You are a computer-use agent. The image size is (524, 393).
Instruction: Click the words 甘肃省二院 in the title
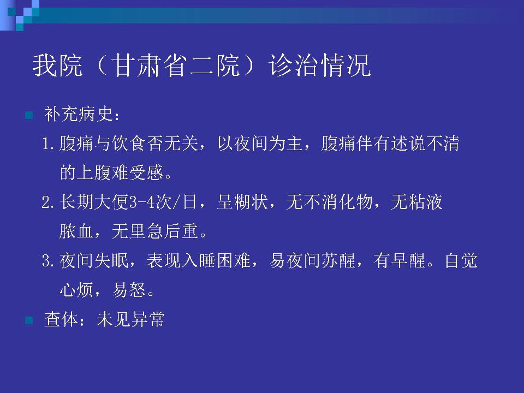click(x=176, y=65)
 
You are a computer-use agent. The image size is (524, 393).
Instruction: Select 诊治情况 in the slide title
click(x=320, y=65)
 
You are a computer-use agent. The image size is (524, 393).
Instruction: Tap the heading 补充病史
click(x=79, y=114)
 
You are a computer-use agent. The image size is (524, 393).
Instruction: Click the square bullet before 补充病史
click(x=29, y=115)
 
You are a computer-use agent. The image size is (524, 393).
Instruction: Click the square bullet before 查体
click(x=29, y=320)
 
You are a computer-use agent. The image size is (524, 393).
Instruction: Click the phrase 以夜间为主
click(x=260, y=144)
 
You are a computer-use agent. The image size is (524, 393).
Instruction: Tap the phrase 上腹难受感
click(x=120, y=172)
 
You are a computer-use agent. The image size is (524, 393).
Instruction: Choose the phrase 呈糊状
click(x=242, y=202)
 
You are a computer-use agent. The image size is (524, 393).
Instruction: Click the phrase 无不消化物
click(x=329, y=202)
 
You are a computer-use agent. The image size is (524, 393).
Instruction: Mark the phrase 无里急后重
click(x=154, y=231)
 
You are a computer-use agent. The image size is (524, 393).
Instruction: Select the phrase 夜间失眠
click(x=94, y=260)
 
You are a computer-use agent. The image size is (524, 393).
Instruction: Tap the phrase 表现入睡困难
click(x=199, y=260)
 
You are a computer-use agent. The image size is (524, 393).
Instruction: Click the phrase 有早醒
click(x=400, y=260)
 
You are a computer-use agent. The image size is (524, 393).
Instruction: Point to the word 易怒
click(x=129, y=290)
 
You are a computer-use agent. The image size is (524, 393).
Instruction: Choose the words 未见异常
click(x=130, y=319)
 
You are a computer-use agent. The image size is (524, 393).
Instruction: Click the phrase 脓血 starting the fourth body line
click(x=76, y=231)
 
